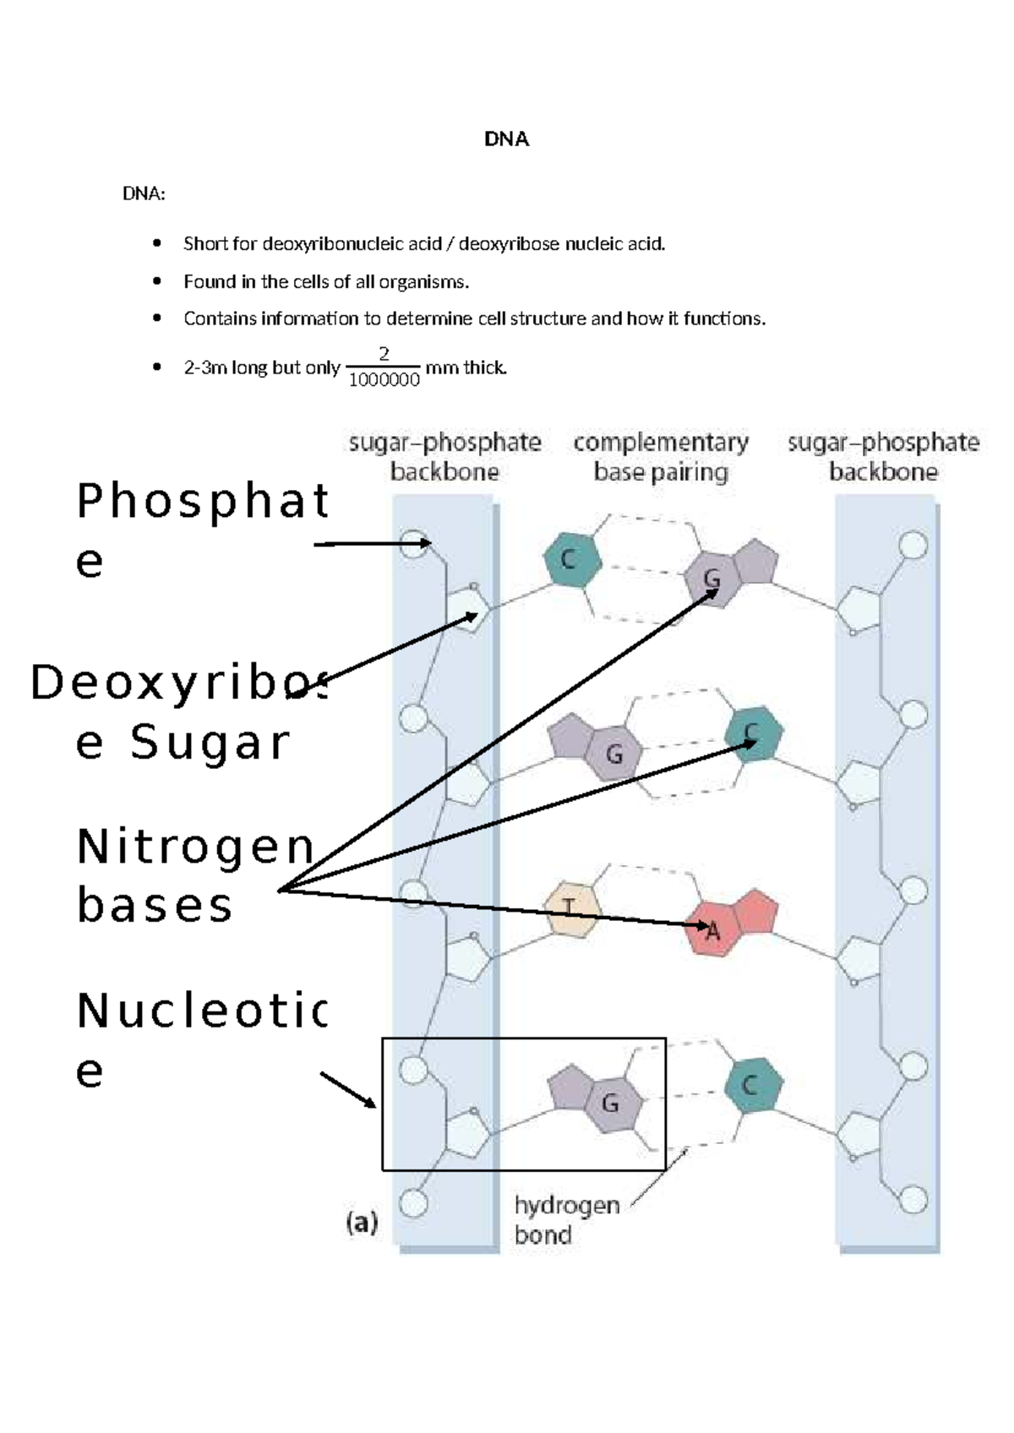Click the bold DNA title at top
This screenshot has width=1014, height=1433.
coord(506,139)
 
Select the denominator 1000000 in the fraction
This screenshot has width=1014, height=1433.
coord(384,380)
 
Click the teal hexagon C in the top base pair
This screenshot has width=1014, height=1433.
coord(571,559)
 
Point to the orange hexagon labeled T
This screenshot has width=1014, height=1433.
coord(571,908)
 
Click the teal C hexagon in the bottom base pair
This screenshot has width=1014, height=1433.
coord(752,1085)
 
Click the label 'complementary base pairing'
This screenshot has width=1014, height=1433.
coord(661,457)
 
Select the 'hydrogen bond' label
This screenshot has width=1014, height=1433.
coord(566,1219)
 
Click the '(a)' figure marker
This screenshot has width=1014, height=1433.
coord(363,1223)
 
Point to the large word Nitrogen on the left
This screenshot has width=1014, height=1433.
coord(195,847)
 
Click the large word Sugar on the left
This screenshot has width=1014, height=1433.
coord(210,743)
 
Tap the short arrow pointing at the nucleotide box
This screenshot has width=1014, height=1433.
coord(347,1090)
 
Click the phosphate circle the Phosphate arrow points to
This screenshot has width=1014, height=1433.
coord(413,543)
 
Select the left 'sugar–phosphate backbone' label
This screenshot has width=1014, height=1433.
coord(444,457)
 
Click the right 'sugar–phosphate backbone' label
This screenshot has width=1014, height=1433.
coord(883,457)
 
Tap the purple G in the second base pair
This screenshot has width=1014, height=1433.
coord(614,754)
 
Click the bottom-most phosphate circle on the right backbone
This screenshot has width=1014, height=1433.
coord(913,1200)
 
